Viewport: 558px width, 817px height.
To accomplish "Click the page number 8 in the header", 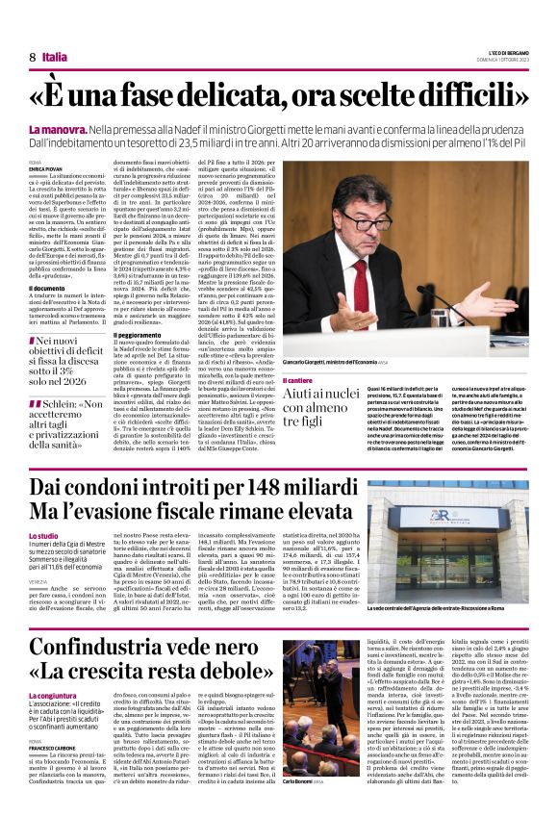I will (x=33, y=58).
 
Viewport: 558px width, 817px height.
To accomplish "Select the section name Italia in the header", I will (x=55, y=58).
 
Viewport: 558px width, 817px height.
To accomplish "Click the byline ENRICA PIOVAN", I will (x=45, y=170).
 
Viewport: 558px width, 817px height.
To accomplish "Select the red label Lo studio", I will (x=44, y=536).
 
